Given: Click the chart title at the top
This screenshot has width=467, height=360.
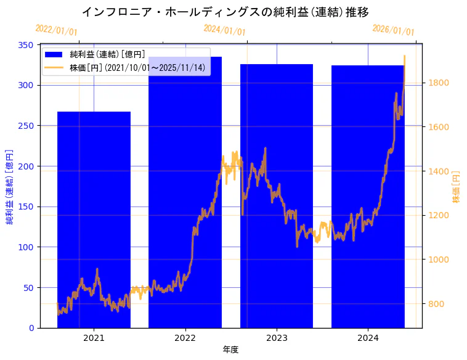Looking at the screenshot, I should [x=225, y=12].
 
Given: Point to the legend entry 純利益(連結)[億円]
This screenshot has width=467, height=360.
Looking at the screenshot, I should [x=108, y=55].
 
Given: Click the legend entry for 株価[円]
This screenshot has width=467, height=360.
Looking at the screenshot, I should [x=137, y=67].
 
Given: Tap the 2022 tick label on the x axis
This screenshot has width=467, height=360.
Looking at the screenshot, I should [x=185, y=337].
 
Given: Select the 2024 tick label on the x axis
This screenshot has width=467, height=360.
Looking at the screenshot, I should [x=368, y=337].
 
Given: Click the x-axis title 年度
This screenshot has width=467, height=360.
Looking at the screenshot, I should [x=230, y=350].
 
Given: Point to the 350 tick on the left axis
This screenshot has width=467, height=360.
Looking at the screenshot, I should [x=26, y=45].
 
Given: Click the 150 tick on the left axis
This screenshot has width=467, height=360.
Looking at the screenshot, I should [x=26, y=207].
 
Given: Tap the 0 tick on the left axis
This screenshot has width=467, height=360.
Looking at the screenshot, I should [x=31, y=328].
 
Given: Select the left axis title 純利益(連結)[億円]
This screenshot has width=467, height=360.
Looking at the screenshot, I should [x=10, y=186].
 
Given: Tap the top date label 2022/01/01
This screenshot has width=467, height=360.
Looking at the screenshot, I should [x=56, y=30].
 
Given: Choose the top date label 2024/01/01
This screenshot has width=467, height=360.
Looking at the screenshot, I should [x=224, y=30].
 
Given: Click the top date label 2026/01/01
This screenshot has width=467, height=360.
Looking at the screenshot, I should [x=393, y=30].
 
